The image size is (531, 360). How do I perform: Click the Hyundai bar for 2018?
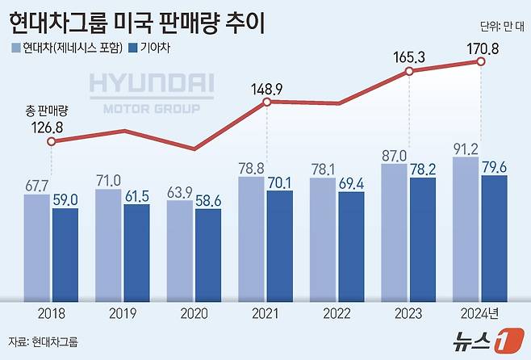coord(36,246)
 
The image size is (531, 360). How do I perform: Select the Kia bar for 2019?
coord(136,251)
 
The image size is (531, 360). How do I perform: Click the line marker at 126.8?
coord(51,141)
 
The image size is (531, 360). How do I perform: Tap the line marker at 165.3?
coord(409,72)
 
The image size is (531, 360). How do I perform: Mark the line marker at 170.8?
coord(482,62)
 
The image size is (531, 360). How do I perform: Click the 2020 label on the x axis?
coord(194,311)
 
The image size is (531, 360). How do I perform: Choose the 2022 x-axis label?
coord(337,311)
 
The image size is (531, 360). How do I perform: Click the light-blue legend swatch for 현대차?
coord(16,48)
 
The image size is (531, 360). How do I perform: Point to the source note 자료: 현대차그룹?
coord(43,341)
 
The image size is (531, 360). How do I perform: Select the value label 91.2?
coord(466,148)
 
